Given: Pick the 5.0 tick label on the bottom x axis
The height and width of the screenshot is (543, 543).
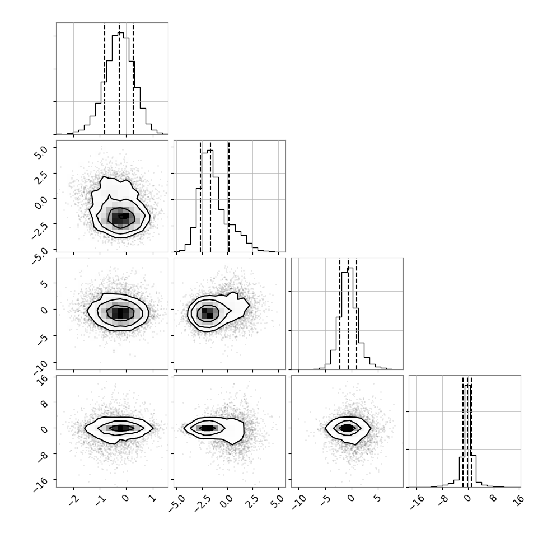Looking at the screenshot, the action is coord(278,502).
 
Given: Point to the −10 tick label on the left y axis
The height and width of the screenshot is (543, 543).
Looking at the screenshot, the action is coord(40,367).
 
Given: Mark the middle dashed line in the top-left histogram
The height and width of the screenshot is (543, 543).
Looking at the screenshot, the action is coord(119,79).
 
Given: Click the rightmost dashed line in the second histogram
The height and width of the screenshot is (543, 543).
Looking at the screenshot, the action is coord(228,196).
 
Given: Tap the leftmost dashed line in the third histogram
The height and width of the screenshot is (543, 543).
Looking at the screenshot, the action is coord(340,314).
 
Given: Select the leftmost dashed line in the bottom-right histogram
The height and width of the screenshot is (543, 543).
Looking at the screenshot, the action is coord(462,432).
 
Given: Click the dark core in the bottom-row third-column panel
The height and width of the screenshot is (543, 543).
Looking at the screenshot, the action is coord(347,428).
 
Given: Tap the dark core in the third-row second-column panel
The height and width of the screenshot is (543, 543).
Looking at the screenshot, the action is coord(207,313).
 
